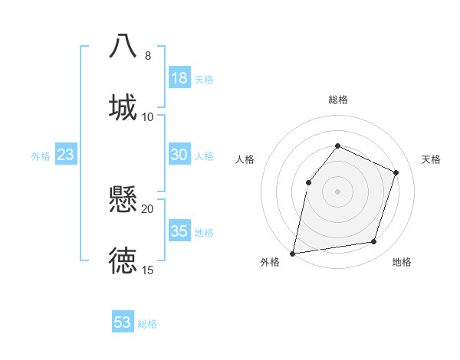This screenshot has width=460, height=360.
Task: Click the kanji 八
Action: (123, 45)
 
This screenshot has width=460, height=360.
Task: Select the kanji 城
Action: (123, 106)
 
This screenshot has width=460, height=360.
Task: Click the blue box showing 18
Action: (179, 78)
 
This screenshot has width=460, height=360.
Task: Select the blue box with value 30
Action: (179, 155)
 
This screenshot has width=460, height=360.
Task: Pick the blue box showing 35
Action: (179, 231)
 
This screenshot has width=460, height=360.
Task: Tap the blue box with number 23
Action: (66, 155)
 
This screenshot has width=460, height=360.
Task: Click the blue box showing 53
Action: (123, 322)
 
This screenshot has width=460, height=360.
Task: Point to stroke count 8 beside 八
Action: (148, 56)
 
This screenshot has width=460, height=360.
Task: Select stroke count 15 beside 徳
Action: (148, 270)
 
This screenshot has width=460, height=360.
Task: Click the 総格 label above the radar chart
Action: (338, 100)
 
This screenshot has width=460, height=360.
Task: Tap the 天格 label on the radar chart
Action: (431, 159)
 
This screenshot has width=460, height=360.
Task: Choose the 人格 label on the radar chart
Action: (245, 159)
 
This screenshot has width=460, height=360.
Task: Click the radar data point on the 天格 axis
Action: (396, 172)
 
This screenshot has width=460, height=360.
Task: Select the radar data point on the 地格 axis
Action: (374, 242)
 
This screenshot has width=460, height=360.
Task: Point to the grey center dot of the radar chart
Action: (337, 191)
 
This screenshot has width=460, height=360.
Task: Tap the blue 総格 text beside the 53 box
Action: (147, 324)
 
